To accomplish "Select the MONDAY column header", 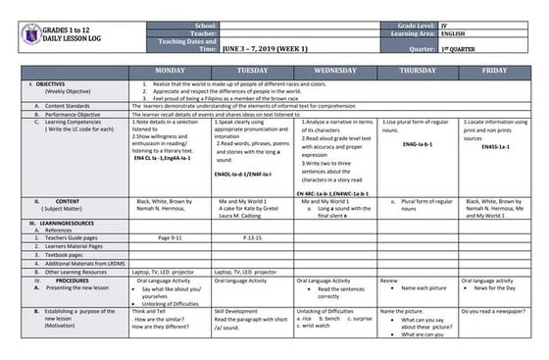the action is click(169, 71).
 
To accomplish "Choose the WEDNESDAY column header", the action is click(334, 71).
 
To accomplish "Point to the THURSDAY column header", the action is click(418, 71).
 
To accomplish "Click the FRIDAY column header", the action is click(495, 71).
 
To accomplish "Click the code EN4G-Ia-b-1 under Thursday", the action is click(419, 144).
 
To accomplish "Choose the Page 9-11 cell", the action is click(170, 236).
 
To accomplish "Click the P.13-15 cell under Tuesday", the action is click(252, 236).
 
